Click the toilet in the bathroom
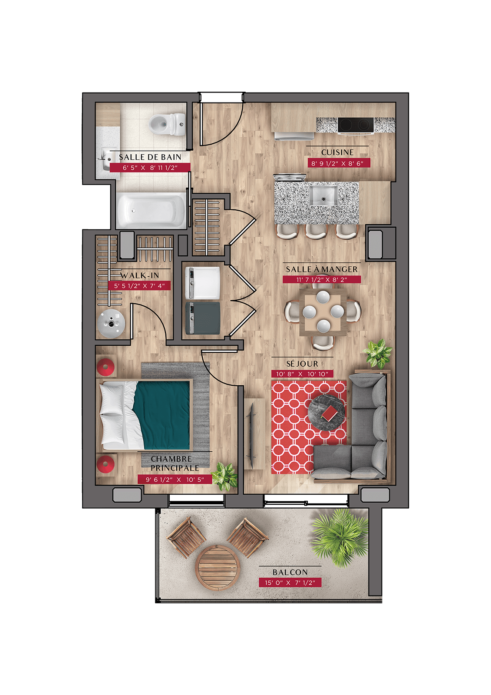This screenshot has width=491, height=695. pos(167,124)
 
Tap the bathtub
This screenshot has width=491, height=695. pos(152,210)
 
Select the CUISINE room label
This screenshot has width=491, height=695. pos(337,152)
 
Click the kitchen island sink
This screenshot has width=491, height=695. pos(324,195)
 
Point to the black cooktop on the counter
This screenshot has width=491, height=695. pos(356,125)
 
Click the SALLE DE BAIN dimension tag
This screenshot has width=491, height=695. pos(150,168)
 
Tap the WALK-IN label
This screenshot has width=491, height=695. pos(140,275)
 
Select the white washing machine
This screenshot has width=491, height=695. pos(203,283)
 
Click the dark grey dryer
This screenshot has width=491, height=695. pos(203,319)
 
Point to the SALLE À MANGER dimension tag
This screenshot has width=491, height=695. pos(322,280)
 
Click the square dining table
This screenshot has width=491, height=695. pos(323,312)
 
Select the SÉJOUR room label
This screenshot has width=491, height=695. pos(302,364)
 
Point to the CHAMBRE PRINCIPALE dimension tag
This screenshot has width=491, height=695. pos(175,480)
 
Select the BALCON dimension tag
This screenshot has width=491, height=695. pos(290,582)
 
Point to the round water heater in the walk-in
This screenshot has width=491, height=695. pos(111,324)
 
